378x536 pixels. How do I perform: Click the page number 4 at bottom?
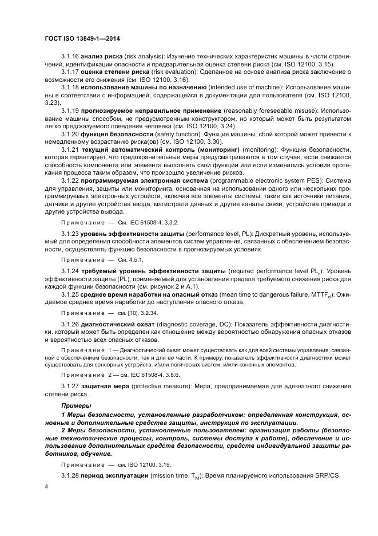pyautogui.click(x=46, y=486)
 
